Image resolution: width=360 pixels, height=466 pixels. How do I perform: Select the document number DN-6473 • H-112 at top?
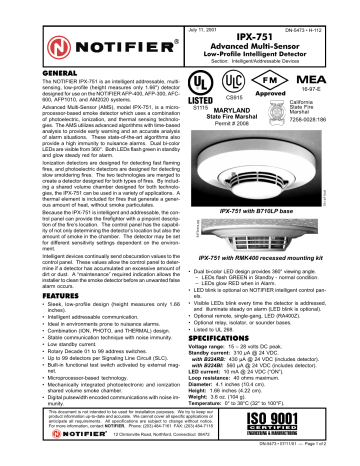tap(318, 9)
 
